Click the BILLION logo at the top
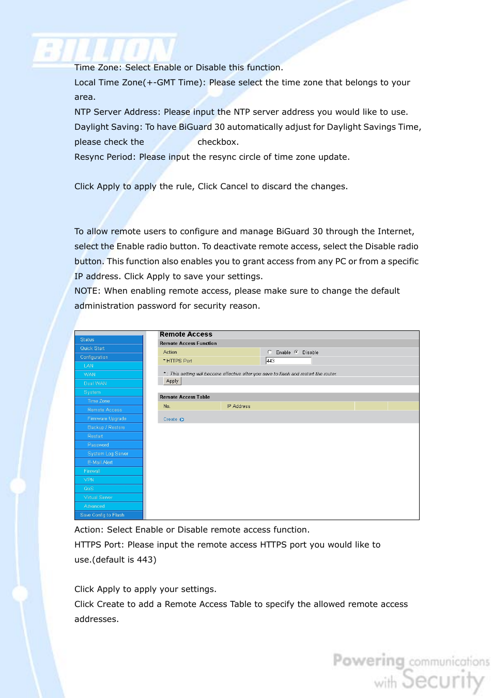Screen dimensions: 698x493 click(105, 51)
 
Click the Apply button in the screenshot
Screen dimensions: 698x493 click(172, 381)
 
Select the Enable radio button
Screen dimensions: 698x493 click(270, 352)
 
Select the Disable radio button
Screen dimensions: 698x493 click(297, 352)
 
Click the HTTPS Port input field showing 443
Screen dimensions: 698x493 click(288, 361)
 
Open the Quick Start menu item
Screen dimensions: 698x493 click(93, 348)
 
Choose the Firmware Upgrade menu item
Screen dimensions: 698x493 click(107, 419)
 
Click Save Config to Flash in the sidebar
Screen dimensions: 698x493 click(102, 515)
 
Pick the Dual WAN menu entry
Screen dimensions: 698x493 click(95, 384)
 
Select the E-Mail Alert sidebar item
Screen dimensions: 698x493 click(100, 462)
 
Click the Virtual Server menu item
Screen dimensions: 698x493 click(98, 497)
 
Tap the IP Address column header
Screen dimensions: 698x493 click(239, 406)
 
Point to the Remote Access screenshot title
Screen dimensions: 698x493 click(186, 335)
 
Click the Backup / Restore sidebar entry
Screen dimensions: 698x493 click(106, 428)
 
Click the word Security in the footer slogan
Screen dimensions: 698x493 click(443, 679)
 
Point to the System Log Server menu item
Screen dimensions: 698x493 click(108, 453)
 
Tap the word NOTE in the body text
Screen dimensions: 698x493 click(86, 291)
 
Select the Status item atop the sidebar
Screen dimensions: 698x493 click(87, 340)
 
